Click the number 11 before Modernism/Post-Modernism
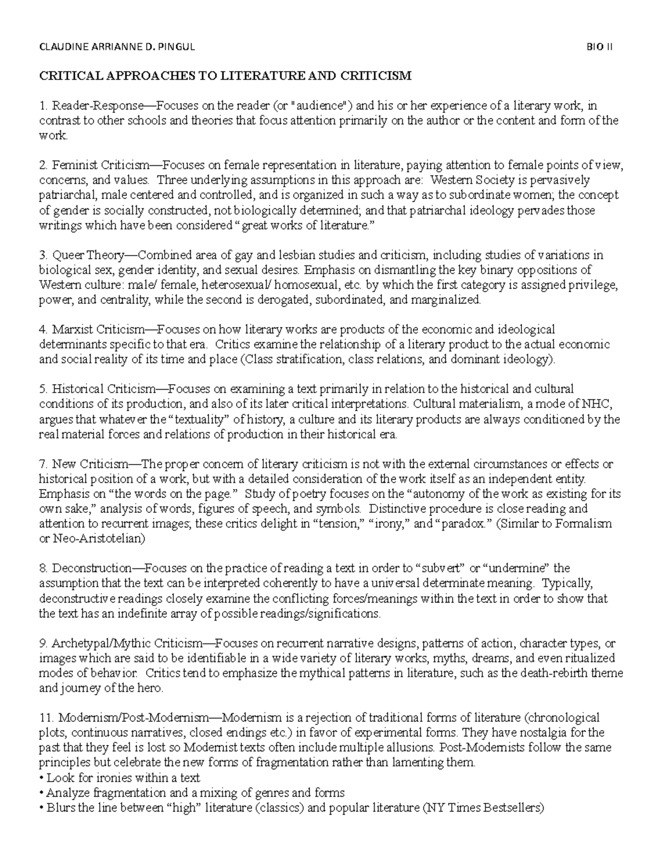point(44,718)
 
